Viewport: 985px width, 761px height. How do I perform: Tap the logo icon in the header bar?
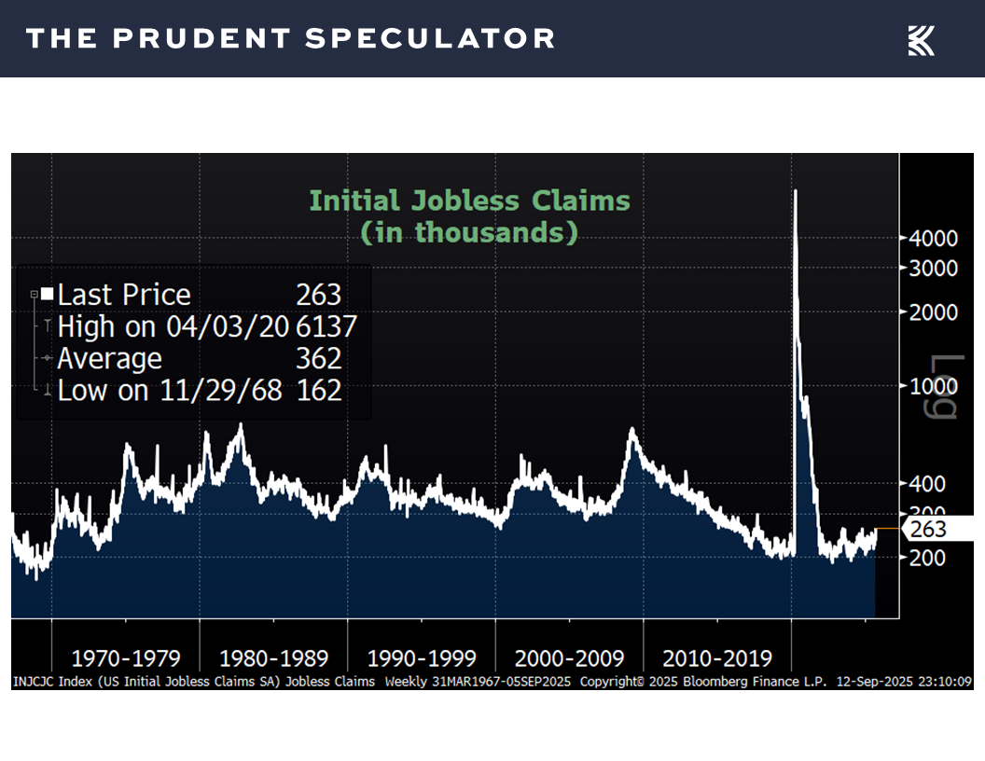pyautogui.click(x=921, y=40)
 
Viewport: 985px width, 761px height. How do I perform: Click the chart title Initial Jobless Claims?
pyautogui.click(x=469, y=201)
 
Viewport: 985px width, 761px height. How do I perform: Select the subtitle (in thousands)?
pyautogui.click(x=469, y=231)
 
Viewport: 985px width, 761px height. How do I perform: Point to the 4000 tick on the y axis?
pyautogui.click(x=932, y=239)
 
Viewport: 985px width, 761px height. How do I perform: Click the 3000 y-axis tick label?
pyautogui.click(x=932, y=268)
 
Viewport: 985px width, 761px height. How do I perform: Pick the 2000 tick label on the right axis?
pyautogui.click(x=932, y=311)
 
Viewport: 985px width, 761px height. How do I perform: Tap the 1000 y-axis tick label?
pyautogui.click(x=932, y=386)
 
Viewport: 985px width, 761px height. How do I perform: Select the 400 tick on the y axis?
pyautogui.click(x=928, y=483)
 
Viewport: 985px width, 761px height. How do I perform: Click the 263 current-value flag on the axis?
pyautogui.click(x=927, y=530)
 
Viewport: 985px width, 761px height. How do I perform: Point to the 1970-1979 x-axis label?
pyautogui.click(x=125, y=658)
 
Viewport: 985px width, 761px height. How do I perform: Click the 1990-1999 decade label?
pyautogui.click(x=422, y=658)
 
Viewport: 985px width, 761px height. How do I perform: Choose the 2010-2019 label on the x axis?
pyautogui.click(x=717, y=658)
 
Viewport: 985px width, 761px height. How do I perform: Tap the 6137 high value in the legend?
pyautogui.click(x=326, y=327)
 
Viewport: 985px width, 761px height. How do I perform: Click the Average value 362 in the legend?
pyautogui.click(x=319, y=359)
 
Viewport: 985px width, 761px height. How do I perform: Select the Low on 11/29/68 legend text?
pyautogui.click(x=169, y=390)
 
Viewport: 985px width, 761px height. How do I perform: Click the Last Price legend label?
pyautogui.click(x=124, y=296)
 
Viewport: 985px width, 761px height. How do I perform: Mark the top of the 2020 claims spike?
pyautogui.click(x=795, y=192)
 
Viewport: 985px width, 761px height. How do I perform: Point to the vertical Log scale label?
pyautogui.click(x=944, y=387)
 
